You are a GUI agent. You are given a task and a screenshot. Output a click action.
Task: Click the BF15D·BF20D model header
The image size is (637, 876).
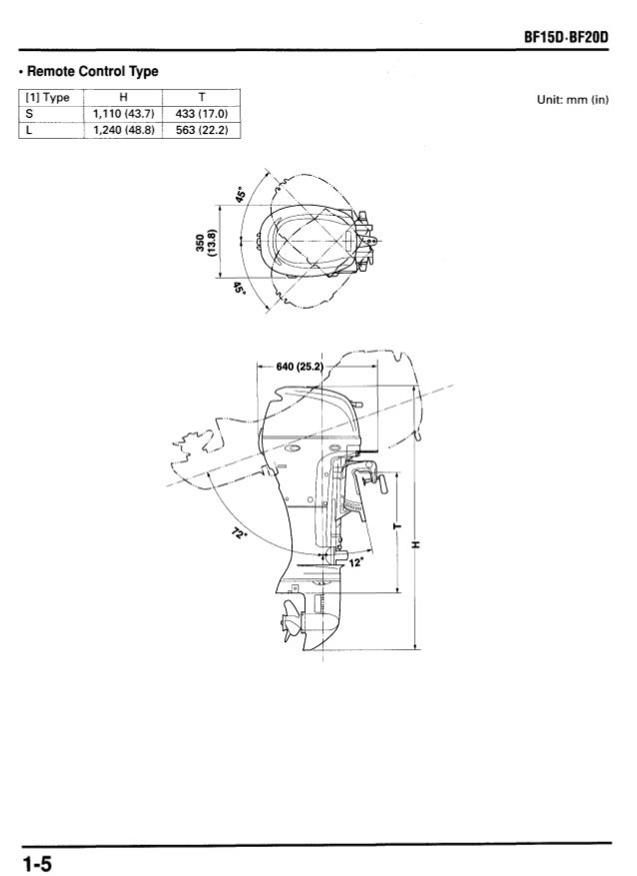[565, 37]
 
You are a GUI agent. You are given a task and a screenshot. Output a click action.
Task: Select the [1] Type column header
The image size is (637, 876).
[46, 97]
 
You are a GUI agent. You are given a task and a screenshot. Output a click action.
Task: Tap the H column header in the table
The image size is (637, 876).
[124, 97]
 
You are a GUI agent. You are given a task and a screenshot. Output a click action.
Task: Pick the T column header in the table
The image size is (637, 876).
[202, 97]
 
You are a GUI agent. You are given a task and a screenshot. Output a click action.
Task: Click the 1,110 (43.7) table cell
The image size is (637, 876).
[124, 114]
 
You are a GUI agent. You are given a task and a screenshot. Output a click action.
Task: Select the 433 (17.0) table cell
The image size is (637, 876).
[202, 114]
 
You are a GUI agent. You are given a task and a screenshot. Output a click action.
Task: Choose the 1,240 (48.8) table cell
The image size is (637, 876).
[124, 130]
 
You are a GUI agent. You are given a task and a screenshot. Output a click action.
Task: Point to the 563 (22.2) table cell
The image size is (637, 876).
[202, 130]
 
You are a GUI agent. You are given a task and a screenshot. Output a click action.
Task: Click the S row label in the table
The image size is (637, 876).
[29, 114]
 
